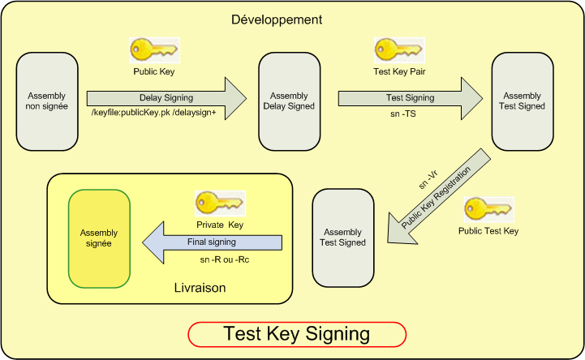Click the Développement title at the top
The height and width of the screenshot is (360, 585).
[277, 19]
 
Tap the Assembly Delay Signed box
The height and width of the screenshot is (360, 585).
[289, 101]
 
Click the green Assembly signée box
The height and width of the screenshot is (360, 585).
[98, 238]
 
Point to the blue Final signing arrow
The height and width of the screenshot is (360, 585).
[213, 240]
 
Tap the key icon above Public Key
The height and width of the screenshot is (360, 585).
[154, 50]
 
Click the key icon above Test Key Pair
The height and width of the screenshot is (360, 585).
[398, 50]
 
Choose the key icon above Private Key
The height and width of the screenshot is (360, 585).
[219, 204]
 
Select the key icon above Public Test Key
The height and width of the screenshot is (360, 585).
[488, 209]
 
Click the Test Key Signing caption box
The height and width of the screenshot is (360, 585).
[296, 333]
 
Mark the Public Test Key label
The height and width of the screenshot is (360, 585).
[488, 231]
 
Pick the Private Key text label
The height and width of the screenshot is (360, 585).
[219, 225]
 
